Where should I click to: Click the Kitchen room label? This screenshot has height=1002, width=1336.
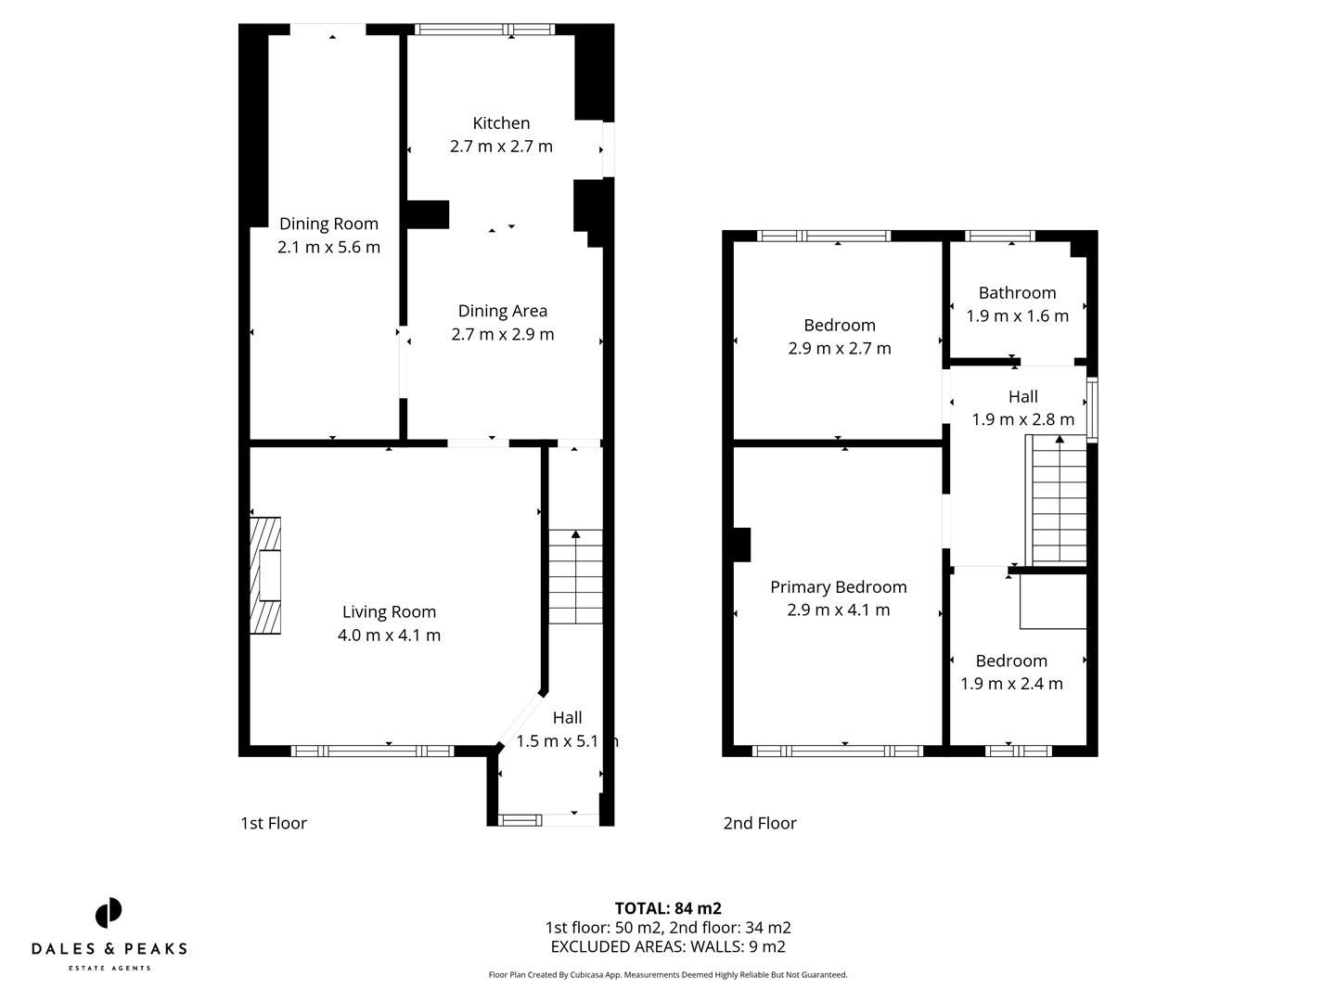coord(501,123)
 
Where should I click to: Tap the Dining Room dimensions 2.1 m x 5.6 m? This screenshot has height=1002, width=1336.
coord(328,247)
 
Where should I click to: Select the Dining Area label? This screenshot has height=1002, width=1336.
coord(502,311)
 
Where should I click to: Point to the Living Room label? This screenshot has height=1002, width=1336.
coord(389,611)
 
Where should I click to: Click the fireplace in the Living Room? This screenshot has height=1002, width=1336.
coord(266,575)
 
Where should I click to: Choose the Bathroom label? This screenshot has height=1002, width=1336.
coord(1017,292)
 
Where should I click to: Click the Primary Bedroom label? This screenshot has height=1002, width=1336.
coord(838,586)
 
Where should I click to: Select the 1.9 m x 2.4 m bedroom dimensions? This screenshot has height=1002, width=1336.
coord(1011,684)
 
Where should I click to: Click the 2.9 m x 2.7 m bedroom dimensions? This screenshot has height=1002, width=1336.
coord(839,348)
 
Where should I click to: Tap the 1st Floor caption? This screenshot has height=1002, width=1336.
coord(274,823)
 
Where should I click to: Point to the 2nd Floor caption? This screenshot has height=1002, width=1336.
coord(760,823)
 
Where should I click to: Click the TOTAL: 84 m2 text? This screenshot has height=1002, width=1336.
coord(668,908)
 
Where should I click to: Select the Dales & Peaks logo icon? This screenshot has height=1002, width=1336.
coord(109,913)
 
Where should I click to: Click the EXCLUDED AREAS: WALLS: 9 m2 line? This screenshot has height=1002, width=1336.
coord(668,946)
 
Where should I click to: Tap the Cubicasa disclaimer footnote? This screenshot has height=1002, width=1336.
coord(668,975)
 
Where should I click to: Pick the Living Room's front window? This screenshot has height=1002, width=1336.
coord(372,751)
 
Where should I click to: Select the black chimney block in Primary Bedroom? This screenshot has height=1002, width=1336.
coord(741,545)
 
